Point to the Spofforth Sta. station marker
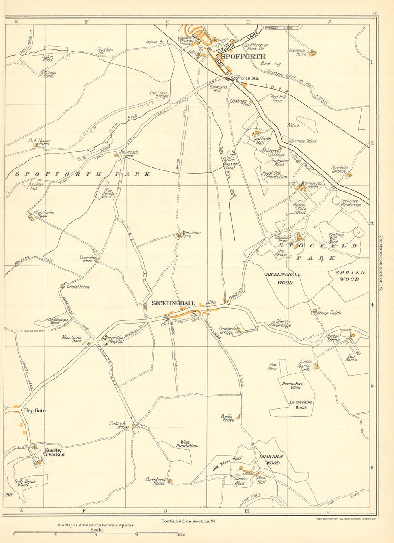click(x=227, y=78)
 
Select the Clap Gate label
click(x=34, y=410)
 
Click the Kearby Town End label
click(x=54, y=452)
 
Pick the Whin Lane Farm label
click(x=191, y=234)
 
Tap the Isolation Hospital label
click(x=116, y=339)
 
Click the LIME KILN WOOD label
click(x=271, y=460)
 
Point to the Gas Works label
click(x=351, y=358)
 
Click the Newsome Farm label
click(x=296, y=52)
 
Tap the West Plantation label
click(x=186, y=444)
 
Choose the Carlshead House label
click(x=155, y=481)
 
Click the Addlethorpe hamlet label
click(x=78, y=287)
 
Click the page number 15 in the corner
click(x=374, y=13)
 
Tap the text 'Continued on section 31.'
click(x=189, y=521)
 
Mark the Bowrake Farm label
click(x=87, y=259)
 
